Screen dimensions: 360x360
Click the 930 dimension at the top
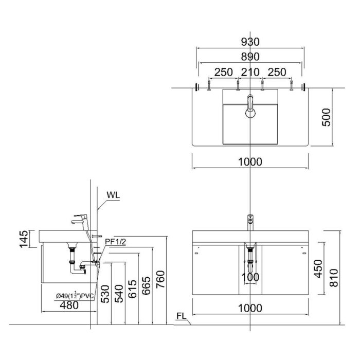(249, 42)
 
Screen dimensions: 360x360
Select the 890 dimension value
(249, 57)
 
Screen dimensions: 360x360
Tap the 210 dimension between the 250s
(250, 72)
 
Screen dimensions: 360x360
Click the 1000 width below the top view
(250, 161)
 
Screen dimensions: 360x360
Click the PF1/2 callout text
(116, 241)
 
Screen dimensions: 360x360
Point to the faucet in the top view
(250, 105)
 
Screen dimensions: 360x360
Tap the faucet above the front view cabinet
(250, 222)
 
